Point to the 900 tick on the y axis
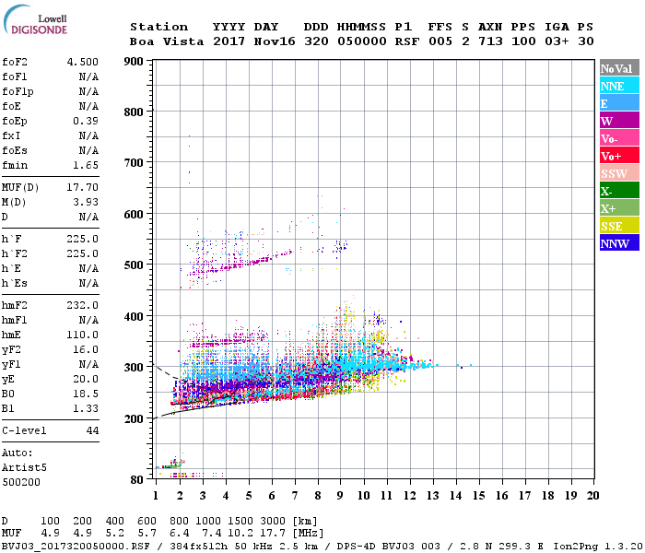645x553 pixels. coord(135,62)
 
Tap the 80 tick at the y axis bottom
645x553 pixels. coord(137,479)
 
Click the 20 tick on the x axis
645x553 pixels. coord(592,495)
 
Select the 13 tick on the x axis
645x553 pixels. coord(432,495)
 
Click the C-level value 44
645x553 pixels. coord(92,430)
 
